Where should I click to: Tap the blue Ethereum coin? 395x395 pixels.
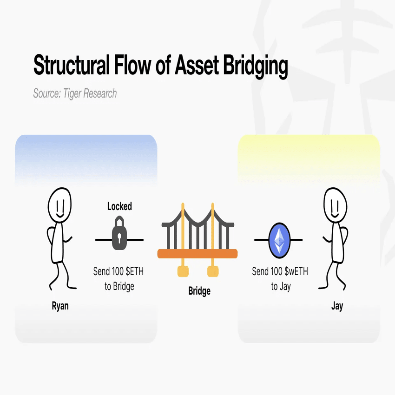279,240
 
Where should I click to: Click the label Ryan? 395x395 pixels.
60,306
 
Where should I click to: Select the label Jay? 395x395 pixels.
337,306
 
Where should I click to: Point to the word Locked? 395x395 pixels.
119,206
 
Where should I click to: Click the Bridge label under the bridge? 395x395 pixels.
199,291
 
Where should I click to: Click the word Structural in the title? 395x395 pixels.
71,65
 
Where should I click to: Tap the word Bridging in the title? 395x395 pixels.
256,66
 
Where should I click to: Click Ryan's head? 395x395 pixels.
59,205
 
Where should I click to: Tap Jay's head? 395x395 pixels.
336,205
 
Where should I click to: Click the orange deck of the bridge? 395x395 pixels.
197,254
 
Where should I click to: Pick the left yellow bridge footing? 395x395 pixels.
183,271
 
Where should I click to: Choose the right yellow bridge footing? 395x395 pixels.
213,271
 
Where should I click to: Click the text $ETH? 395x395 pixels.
135,271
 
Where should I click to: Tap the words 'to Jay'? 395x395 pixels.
281,287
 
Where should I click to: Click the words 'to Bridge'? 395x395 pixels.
119,287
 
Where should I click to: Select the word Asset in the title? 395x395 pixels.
197,65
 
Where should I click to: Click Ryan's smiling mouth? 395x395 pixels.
60,215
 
